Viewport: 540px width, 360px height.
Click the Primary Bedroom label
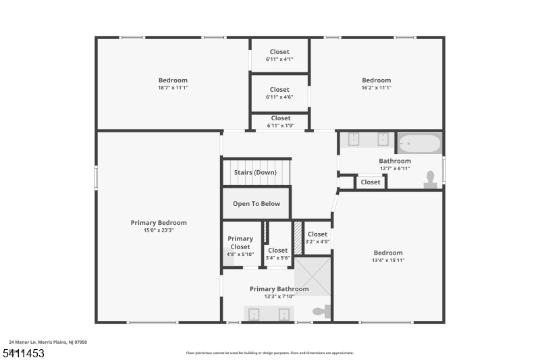pos(159,223)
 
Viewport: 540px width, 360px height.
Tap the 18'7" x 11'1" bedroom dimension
pos(173,88)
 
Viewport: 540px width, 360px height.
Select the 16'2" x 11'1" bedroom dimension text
pos(376,88)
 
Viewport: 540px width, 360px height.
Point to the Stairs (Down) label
pos(255,172)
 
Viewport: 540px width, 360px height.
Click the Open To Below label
pos(256,204)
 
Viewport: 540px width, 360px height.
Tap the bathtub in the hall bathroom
pos(419,144)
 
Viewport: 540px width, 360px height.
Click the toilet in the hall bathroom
pos(430,178)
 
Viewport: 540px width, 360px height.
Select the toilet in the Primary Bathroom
pos(321,312)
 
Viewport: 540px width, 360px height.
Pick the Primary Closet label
pos(240,242)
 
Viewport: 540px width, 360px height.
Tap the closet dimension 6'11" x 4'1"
pos(279,59)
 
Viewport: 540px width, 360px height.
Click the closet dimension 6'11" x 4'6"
pos(279,97)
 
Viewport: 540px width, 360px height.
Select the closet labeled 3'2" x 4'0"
pos(317,238)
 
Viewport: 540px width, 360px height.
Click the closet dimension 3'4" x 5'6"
pos(277,258)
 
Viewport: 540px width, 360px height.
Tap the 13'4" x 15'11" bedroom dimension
pos(388,260)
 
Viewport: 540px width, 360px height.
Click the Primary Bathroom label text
pos(279,289)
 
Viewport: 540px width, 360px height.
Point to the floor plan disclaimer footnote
pos(269,353)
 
